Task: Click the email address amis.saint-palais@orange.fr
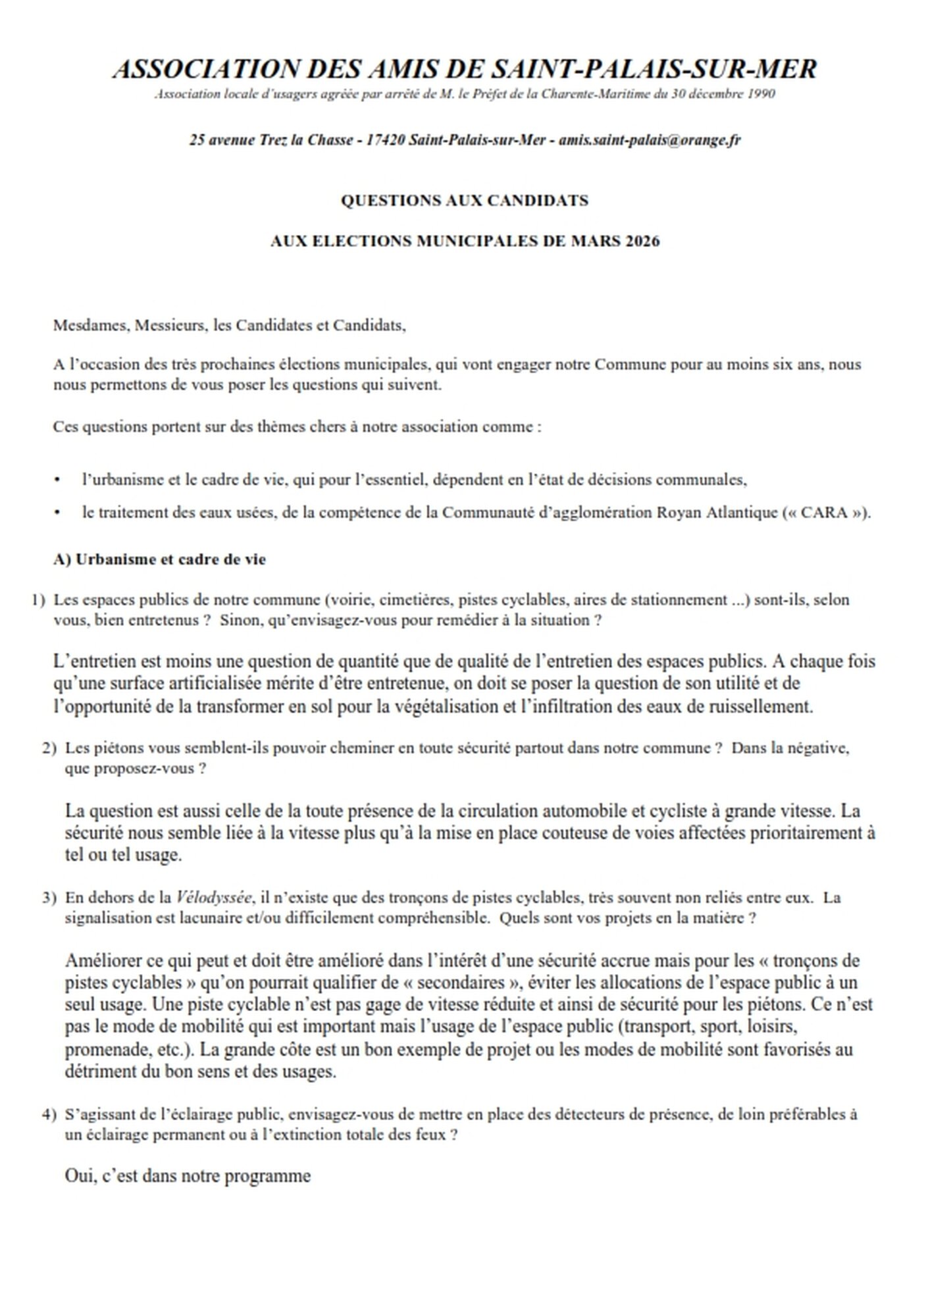(650, 140)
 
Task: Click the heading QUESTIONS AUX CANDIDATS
(465, 201)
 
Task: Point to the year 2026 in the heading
(642, 241)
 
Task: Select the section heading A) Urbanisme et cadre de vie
(160, 559)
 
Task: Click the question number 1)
(38, 600)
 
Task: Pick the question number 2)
(49, 748)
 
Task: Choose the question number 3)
(49, 898)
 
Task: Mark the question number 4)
(49, 1115)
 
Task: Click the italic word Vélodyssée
(215, 898)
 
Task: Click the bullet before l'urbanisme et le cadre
(58, 480)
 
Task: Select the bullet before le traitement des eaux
(58, 513)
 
